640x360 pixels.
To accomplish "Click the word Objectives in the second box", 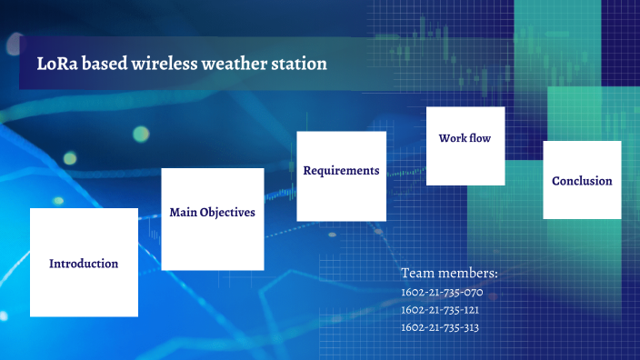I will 227,213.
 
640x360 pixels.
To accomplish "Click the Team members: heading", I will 449,273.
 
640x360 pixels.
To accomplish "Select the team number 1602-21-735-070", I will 442,293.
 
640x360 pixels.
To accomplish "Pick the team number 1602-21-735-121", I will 440,310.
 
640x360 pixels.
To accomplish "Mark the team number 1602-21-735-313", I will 440,327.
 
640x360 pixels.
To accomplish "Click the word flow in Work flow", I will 481,138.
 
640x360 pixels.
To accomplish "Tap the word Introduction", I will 84,264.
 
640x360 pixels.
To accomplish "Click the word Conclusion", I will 582,181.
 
